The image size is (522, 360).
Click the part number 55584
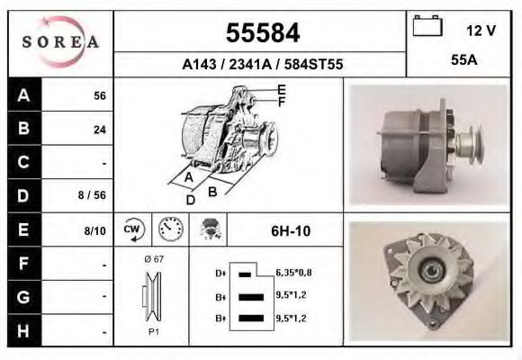[x=261, y=33]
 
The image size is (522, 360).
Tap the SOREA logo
[x=60, y=42]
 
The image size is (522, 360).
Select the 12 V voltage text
[x=481, y=30]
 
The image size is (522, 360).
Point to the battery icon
[x=427, y=27]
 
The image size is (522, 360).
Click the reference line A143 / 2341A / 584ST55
[x=261, y=65]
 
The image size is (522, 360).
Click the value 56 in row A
[x=99, y=96]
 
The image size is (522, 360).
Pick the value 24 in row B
[x=99, y=130]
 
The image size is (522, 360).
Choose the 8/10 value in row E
[x=94, y=230]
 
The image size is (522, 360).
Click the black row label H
[x=23, y=329]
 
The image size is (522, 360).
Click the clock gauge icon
[x=168, y=229]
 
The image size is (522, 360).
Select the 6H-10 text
[x=290, y=231]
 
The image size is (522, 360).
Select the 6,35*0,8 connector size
[x=293, y=273]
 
